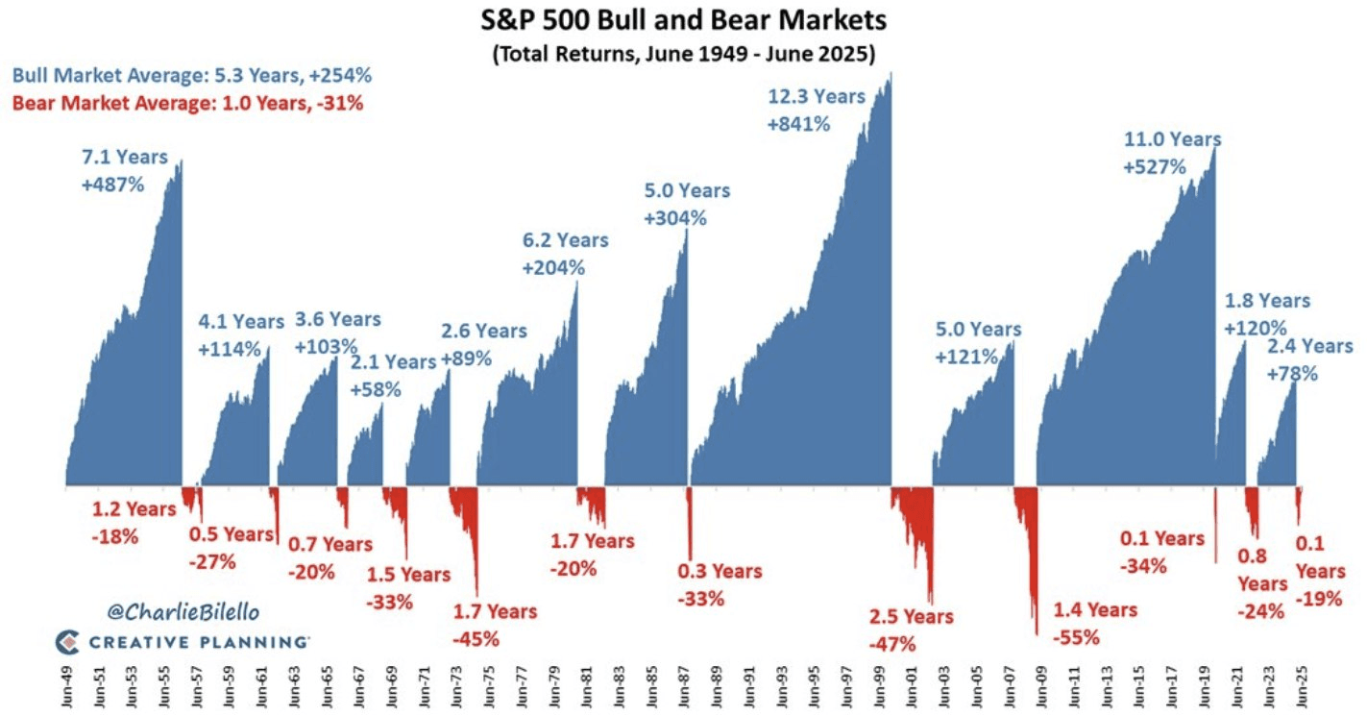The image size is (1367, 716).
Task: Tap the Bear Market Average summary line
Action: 187,102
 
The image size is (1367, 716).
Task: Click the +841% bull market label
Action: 798,124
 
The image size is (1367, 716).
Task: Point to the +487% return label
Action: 112,184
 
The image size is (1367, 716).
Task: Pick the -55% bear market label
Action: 1077,636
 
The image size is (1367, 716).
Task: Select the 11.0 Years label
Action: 1172,140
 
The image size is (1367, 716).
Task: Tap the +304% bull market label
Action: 675,217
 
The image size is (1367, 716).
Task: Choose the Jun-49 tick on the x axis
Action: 66,686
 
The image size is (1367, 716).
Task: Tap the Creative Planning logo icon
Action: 66,641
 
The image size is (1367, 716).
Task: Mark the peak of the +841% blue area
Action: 891,74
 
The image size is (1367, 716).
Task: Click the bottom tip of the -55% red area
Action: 1037,633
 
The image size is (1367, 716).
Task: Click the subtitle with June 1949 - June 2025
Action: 682,54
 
